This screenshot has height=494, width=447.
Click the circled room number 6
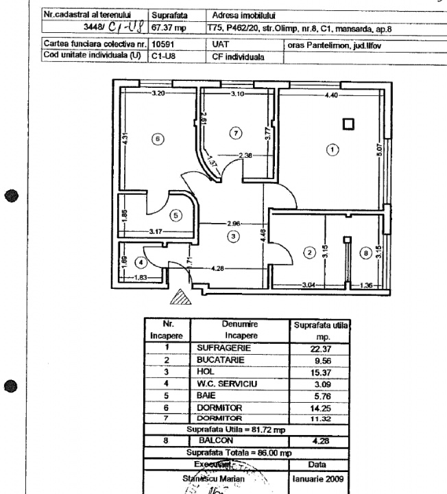158,139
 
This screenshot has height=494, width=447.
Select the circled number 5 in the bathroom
176,215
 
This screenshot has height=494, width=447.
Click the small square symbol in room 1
349,124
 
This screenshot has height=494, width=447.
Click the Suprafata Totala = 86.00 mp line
247,452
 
